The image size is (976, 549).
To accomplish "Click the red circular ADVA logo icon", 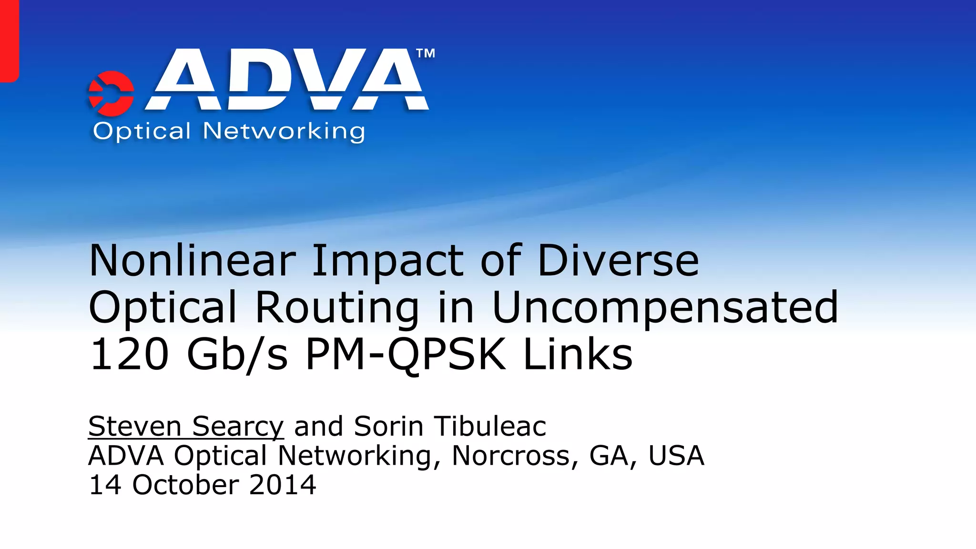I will (x=111, y=93).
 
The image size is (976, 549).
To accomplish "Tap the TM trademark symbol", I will (x=426, y=53).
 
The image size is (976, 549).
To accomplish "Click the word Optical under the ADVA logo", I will (x=142, y=131).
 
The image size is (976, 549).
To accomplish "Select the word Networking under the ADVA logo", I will (x=284, y=132).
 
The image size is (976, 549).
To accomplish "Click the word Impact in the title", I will (x=387, y=261).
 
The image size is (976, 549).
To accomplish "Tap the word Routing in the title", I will (x=337, y=308).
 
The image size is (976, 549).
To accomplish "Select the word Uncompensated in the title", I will (x=665, y=308).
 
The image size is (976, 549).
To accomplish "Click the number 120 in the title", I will (x=129, y=355).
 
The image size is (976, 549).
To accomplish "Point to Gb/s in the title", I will (x=237, y=355).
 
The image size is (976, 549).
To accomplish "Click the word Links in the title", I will (x=578, y=355).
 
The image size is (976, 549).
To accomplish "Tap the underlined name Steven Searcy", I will (x=186, y=427).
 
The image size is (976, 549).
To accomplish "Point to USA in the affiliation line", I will (x=676, y=456).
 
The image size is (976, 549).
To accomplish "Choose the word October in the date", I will (x=185, y=485).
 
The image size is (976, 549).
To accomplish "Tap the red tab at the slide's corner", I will (x=9, y=41).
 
